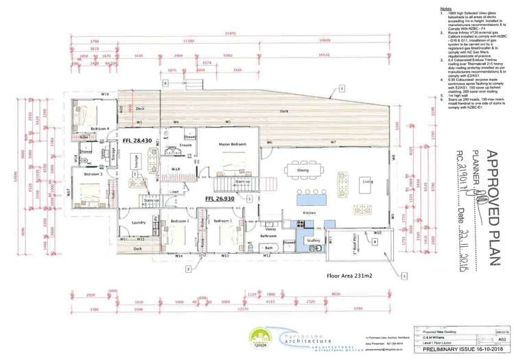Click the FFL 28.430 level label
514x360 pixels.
[137, 140]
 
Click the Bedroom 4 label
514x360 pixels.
[100, 128]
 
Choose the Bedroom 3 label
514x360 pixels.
[93, 174]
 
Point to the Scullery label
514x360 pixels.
[313, 240]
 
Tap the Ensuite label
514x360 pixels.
[185, 145]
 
